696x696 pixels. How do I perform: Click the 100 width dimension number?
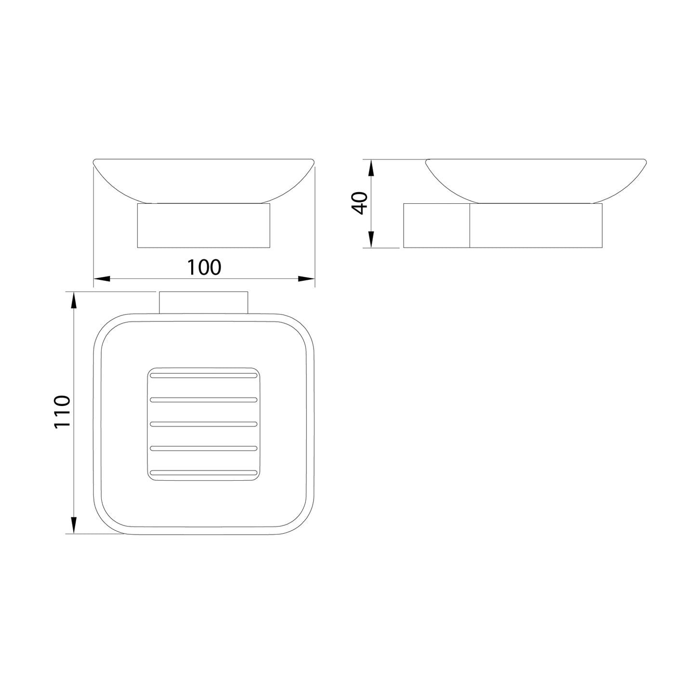pyautogui.click(x=204, y=267)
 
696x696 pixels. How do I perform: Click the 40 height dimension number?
pyautogui.click(x=360, y=202)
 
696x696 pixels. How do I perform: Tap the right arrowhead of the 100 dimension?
pyautogui.click(x=306, y=278)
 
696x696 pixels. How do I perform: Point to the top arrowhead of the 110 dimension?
pyautogui.click(x=74, y=301)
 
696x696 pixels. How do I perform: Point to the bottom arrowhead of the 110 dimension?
pyautogui.click(x=74, y=524)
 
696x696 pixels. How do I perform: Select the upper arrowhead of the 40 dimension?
pyautogui.click(x=371, y=169)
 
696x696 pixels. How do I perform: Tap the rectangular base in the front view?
pyautogui.click(x=204, y=225)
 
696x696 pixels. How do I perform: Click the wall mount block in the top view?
pyautogui.click(x=203, y=302)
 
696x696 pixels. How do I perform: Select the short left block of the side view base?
pyautogui.click(x=436, y=225)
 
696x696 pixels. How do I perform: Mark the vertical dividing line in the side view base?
pyautogui.click(x=470, y=225)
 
